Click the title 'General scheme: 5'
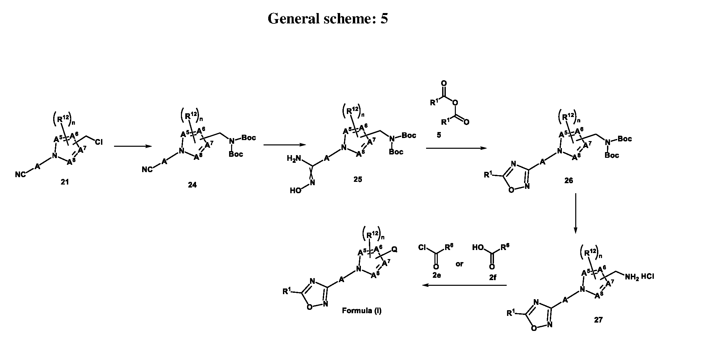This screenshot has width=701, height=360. coord(328,19)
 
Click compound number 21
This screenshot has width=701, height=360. coord(65,182)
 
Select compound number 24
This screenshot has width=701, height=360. coord(192,185)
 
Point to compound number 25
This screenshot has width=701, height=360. coord(358,179)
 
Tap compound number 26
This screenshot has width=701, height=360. coord(569,181)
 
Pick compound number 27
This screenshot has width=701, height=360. coord(598,320)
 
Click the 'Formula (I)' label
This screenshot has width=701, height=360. coord(362,311)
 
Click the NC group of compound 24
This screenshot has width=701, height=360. coord(147,170)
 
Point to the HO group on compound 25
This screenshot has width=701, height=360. coord(295,191)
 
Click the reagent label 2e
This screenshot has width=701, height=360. coord(436,275)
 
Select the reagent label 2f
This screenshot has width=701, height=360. coord(493,277)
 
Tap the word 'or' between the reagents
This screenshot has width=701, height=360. coord(460,264)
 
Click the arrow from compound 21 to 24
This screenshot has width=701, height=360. coord(133,146)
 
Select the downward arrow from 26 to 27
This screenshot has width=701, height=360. coord(575,213)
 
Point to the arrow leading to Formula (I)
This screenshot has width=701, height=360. coord(464,285)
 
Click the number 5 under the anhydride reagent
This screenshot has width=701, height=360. coord(439,135)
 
